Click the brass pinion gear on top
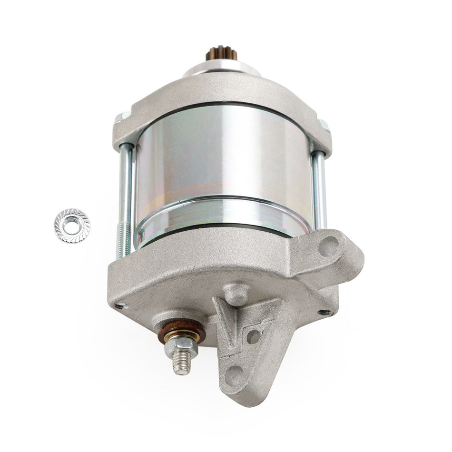tap(221, 53)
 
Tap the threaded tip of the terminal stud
tap(181, 366)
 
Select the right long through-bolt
tap(319, 190)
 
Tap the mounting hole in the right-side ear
tap(328, 246)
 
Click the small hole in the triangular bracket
tap(253, 336)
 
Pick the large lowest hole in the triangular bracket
tap(234, 376)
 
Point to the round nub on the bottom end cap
tap(236, 294)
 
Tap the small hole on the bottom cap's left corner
tap(121, 306)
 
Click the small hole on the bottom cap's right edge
tap(325, 313)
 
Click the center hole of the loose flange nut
tap(72, 226)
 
